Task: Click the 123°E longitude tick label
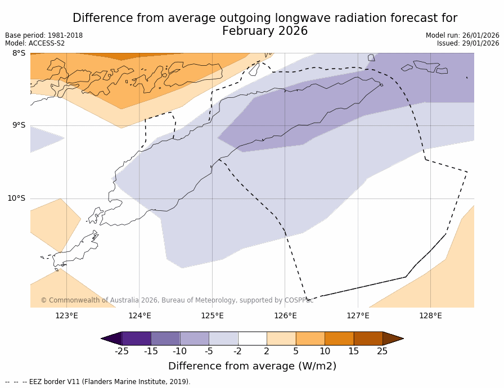[66, 315]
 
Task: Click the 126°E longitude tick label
[285, 315]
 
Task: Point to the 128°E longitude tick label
[430, 315]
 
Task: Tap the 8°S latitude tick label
[19, 53]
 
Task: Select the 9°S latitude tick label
[19, 125]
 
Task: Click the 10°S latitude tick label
[16, 198]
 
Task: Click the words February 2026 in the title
[265, 31]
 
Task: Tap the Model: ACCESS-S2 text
[35, 43]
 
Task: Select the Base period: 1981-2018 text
[44, 35]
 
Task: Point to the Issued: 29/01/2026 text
[468, 43]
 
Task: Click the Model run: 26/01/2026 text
[462, 35]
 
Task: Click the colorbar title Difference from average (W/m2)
[252, 366]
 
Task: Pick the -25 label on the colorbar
[121, 351]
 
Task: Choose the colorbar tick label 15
[353, 351]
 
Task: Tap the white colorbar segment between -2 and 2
[252, 338]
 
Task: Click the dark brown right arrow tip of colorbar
[394, 338]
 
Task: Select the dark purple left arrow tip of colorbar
[110, 338]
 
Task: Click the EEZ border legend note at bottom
[98, 382]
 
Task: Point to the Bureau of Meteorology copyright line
[177, 300]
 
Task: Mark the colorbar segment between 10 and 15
[339, 338]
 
